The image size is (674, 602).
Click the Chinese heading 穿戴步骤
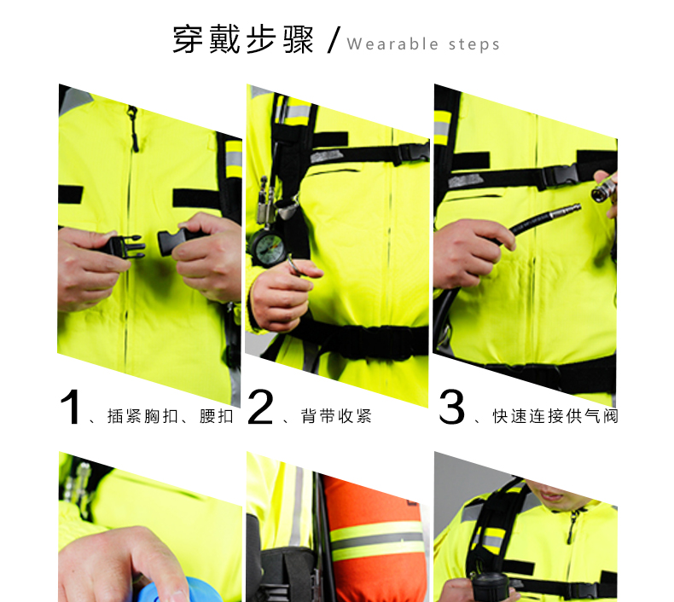[243, 39]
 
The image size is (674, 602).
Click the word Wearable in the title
[392, 44]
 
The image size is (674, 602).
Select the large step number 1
[70, 407]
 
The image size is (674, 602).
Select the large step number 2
[260, 407]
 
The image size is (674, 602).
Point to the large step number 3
[452, 407]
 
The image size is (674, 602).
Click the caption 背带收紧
[336, 416]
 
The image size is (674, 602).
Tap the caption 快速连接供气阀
[555, 416]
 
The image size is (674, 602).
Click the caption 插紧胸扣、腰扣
[171, 416]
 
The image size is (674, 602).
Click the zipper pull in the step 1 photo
[133, 129]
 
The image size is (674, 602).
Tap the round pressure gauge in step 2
[267, 248]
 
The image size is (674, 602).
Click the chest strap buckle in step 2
[413, 153]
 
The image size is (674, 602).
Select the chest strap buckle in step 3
[560, 176]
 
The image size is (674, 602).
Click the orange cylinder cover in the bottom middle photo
[374, 541]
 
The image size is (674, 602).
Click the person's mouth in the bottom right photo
[551, 495]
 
